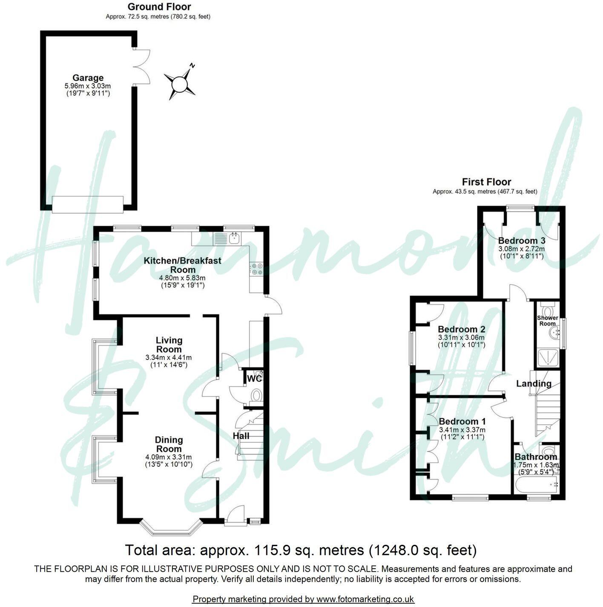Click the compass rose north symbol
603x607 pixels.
pos(180,83)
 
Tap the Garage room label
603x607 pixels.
pos(88,78)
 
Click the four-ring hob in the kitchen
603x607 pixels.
pos(257,269)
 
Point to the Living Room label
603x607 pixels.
pos(169,345)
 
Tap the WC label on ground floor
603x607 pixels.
pos(254,378)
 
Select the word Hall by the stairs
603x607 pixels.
pos(241,436)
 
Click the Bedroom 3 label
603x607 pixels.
pos(521,240)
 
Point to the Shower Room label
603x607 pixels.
pos(547,321)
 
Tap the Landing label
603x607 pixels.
pos(534,383)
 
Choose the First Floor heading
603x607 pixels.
pos(486,182)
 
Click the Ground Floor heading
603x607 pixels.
pos(159,7)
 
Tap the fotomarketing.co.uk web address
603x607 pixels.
pos(365,599)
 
